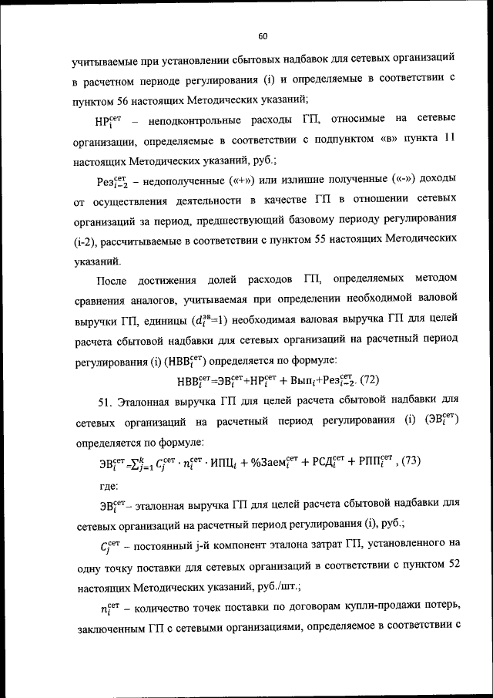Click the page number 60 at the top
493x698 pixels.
coord(262,36)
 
